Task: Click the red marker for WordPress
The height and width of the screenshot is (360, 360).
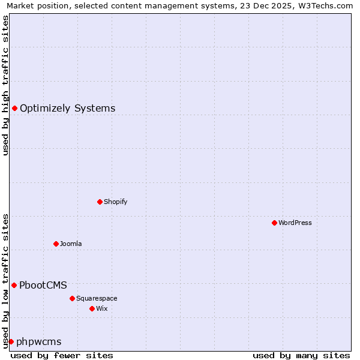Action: [x=274, y=223]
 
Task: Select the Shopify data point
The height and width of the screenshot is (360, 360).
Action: [x=100, y=202]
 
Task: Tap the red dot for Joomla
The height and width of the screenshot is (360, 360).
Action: [x=56, y=244]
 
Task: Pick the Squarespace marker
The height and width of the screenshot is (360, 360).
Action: [x=72, y=298]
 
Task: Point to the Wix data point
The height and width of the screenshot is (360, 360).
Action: [x=92, y=308]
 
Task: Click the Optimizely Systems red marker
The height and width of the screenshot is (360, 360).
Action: [x=14, y=108]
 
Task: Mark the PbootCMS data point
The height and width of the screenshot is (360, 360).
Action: [x=14, y=285]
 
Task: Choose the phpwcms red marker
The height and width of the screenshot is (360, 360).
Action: [x=11, y=341]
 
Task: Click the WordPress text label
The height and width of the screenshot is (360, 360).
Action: [x=295, y=223]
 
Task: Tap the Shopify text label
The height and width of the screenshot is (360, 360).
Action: [x=116, y=202]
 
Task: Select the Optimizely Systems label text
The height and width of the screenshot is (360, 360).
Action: [x=68, y=109]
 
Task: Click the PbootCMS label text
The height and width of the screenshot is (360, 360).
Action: [x=43, y=286]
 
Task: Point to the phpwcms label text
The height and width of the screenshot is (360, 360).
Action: [x=39, y=342]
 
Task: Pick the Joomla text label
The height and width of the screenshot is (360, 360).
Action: [x=71, y=244]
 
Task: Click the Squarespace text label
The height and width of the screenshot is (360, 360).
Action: [x=97, y=298]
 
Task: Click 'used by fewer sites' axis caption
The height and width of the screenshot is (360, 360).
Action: [x=62, y=355]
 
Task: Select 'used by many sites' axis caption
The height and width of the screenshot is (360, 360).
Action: [x=301, y=355]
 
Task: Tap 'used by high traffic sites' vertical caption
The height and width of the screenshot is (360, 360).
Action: [x=5, y=85]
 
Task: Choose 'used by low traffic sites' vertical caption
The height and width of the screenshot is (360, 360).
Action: [x=5, y=280]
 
